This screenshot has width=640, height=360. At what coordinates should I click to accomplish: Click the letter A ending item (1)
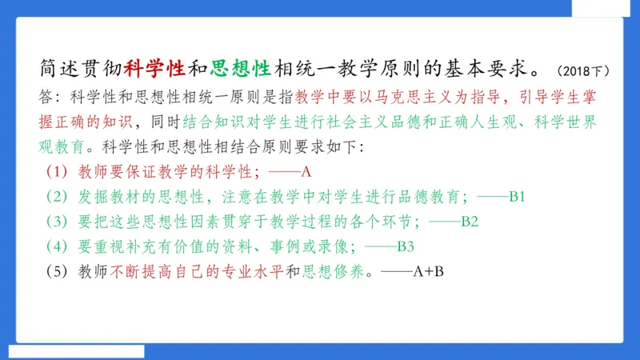click(305, 172)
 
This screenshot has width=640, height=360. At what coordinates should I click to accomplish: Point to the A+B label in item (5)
click(428, 271)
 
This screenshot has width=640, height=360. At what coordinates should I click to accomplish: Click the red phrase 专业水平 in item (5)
click(257, 271)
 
